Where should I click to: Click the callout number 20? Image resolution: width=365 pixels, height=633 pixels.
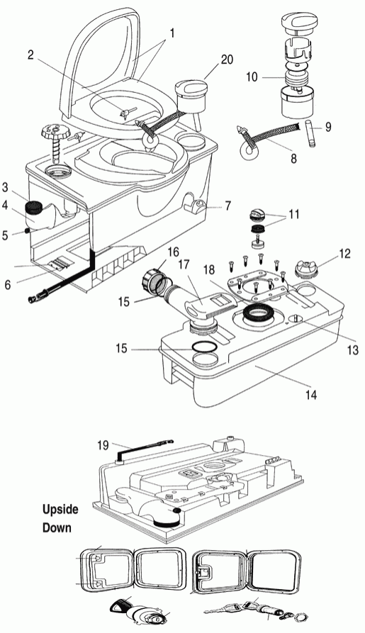(x=227, y=60)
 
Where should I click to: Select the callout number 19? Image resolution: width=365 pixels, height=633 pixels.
(x=103, y=445)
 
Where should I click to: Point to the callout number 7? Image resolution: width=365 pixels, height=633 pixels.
(x=228, y=206)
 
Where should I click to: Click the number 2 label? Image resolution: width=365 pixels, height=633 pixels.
(x=31, y=55)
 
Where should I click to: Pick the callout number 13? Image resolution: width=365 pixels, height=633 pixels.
(x=353, y=349)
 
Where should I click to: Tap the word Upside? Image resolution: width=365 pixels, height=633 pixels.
(x=60, y=510)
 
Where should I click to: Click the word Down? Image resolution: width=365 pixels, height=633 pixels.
(x=57, y=527)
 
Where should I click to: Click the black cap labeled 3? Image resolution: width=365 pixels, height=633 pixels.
(x=34, y=208)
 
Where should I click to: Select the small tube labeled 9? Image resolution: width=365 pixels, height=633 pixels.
(x=311, y=133)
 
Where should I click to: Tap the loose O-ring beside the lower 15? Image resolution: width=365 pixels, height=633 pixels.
(x=203, y=347)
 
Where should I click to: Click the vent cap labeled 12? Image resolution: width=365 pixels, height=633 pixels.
(x=306, y=269)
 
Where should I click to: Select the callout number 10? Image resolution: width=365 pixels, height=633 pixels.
(x=252, y=77)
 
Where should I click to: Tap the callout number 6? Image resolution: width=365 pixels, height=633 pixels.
(x=8, y=285)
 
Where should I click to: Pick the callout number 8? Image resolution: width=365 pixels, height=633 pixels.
(x=293, y=158)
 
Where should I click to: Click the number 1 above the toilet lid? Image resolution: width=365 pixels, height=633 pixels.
(x=172, y=33)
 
